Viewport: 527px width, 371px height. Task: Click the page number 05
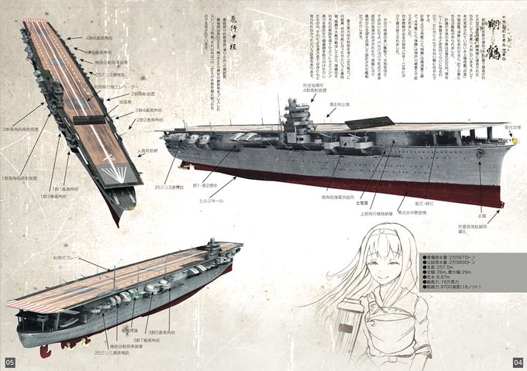pos(9,362)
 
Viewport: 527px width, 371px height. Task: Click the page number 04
pos(518,362)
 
